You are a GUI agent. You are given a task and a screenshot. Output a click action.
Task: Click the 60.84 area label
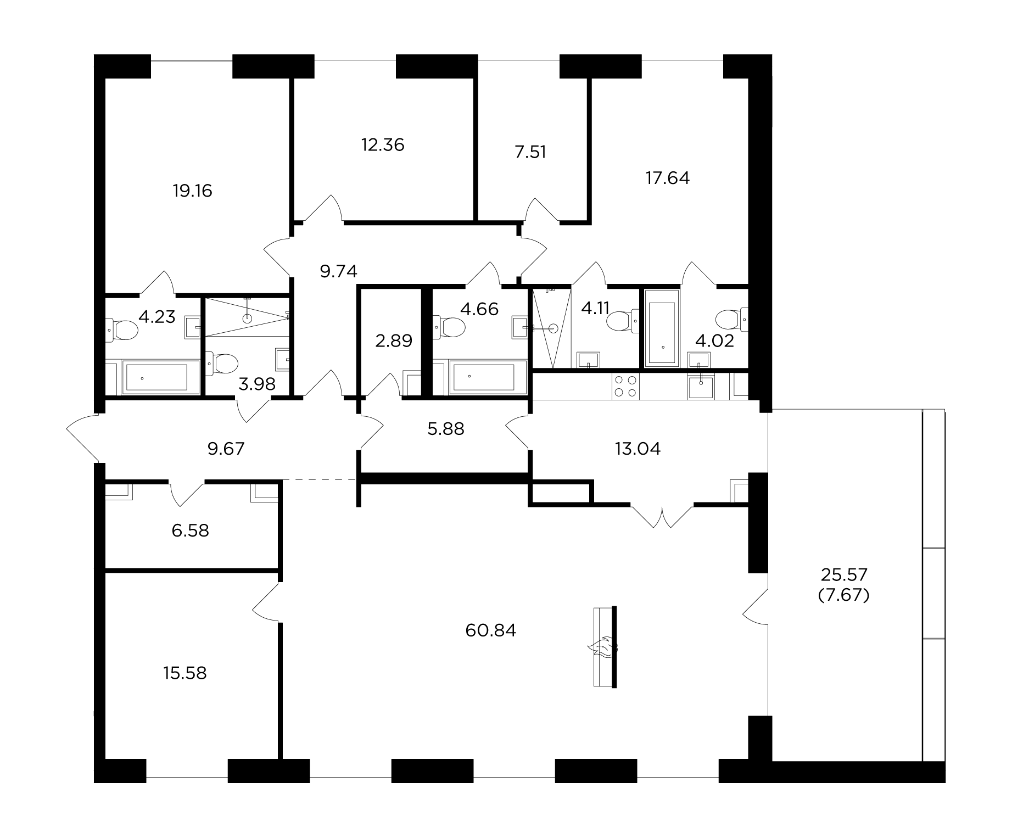[490, 630]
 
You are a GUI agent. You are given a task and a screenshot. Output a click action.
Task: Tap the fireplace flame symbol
[602, 647]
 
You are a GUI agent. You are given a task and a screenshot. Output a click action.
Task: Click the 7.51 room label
[530, 152]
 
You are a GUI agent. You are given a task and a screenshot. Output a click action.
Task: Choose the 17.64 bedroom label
[667, 178]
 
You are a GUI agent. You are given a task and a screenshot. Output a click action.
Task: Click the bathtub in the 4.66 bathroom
[481, 377]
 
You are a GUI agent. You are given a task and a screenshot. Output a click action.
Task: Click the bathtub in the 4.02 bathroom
[663, 328]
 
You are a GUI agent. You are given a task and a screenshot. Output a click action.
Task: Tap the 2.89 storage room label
[394, 341]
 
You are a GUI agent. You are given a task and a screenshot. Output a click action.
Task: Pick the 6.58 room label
[190, 531]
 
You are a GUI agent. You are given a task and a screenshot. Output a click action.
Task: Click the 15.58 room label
[185, 673]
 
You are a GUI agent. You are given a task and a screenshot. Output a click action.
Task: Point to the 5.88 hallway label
[445, 429]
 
